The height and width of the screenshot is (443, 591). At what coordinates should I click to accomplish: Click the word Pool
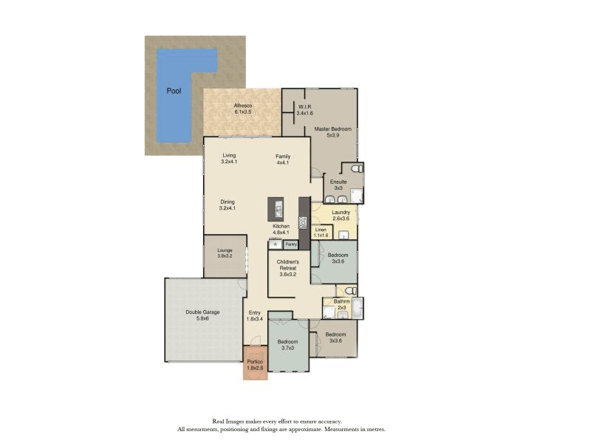[x=174, y=92]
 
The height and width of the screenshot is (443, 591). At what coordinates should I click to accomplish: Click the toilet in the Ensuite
[x=356, y=170]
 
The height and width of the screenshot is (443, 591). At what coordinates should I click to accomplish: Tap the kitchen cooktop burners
[x=303, y=221]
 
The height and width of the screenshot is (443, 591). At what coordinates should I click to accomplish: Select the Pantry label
[x=291, y=244]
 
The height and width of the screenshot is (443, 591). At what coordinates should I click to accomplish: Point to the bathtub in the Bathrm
[x=358, y=309]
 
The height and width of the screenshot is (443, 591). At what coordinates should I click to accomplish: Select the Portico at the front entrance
[x=255, y=365]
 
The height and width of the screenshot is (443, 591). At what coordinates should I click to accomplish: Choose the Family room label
[x=283, y=157]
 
